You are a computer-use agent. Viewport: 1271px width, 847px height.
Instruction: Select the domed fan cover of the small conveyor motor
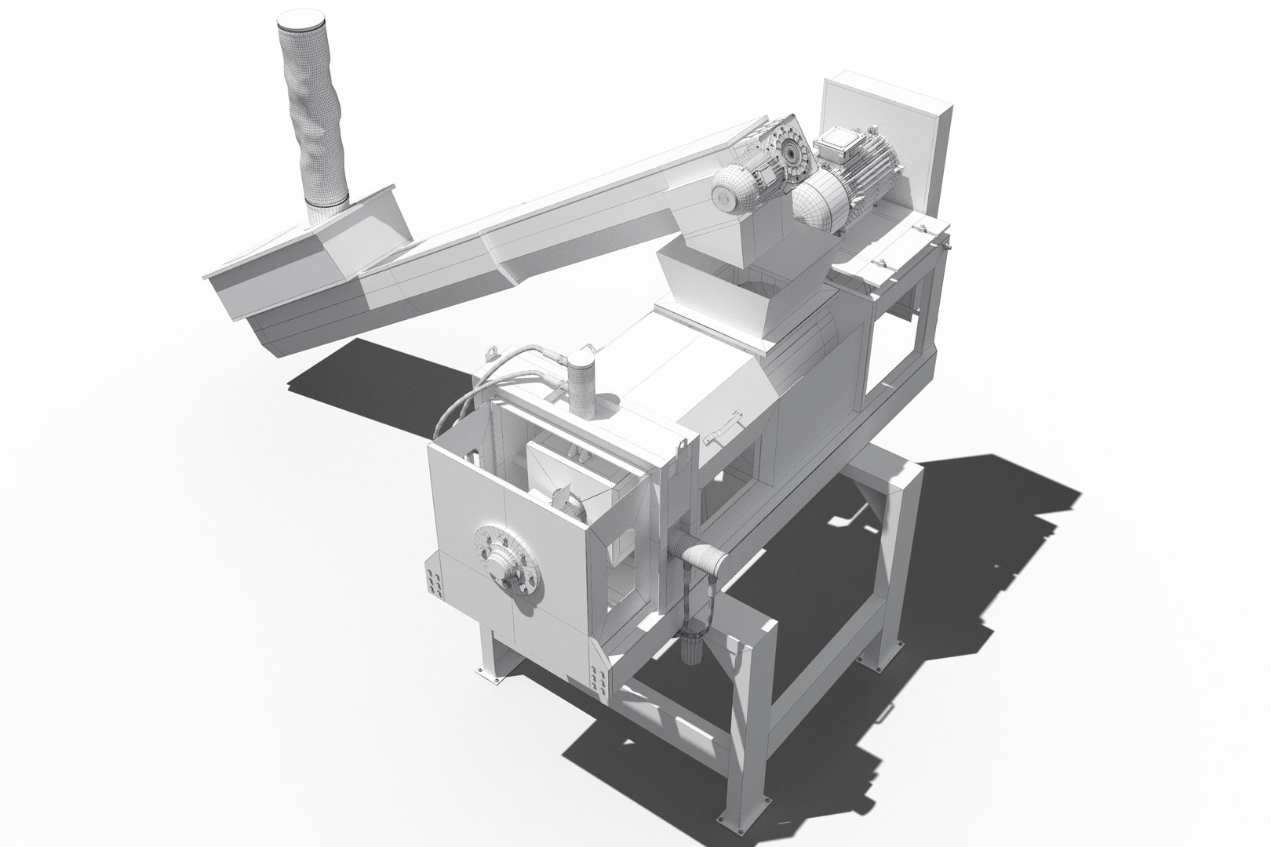pos(730,191)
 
